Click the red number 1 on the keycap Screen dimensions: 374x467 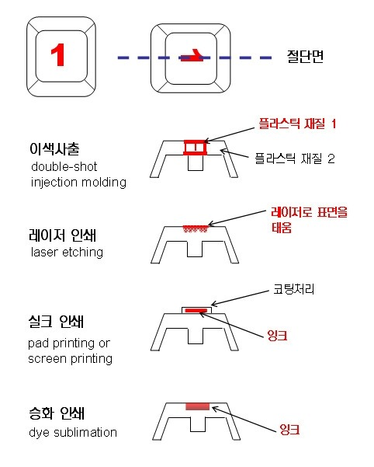click(x=58, y=54)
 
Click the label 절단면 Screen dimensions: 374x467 click(x=305, y=56)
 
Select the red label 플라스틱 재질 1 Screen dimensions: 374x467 click(x=297, y=124)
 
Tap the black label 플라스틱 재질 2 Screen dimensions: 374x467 click(x=295, y=159)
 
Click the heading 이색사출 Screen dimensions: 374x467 click(x=54, y=148)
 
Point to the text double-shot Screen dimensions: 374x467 click(x=64, y=167)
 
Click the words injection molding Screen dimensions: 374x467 click(x=78, y=183)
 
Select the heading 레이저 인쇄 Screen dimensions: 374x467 click(x=63, y=235)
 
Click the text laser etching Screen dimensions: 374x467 click(x=68, y=253)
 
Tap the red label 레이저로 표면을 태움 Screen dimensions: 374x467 click(x=309, y=220)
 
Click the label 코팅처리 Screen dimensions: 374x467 click(x=294, y=289)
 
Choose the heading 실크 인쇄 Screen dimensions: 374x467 click(x=56, y=322)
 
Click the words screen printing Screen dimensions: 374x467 click(x=70, y=358)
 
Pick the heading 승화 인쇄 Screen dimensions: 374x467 click(x=57, y=413)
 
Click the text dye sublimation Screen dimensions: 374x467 click(x=73, y=433)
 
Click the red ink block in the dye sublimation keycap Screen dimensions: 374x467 click(x=198, y=406)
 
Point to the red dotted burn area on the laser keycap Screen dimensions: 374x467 click(x=195, y=228)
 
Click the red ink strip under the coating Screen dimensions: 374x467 click(x=196, y=311)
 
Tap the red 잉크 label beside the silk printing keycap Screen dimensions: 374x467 click(x=277, y=336)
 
